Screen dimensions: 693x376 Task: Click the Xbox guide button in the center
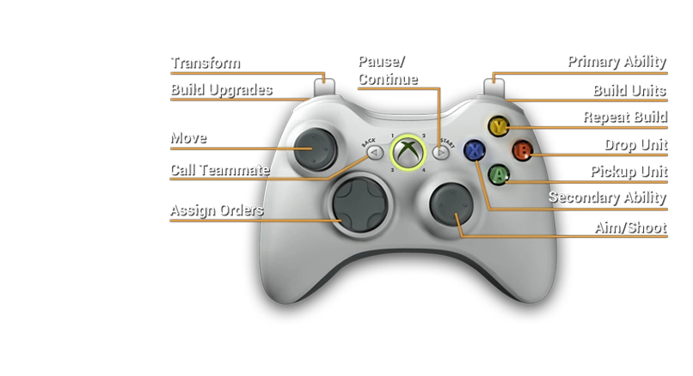coord(408,152)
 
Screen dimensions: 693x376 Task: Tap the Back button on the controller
coord(373,152)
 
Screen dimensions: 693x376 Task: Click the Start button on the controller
coord(440,153)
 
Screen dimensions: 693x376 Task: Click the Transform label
coord(204,63)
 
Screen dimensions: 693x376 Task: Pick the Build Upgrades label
coord(221,88)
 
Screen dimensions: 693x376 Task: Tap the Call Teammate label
coord(219,170)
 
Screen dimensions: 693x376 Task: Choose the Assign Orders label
coord(216,209)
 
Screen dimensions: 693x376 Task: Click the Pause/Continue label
coord(387,70)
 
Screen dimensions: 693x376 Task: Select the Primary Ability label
coord(616,61)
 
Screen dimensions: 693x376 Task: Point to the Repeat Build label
coord(623,116)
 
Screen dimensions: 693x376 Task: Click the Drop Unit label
coord(635,143)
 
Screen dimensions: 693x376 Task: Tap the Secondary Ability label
coord(607,197)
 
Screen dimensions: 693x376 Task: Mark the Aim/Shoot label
coord(629,227)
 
